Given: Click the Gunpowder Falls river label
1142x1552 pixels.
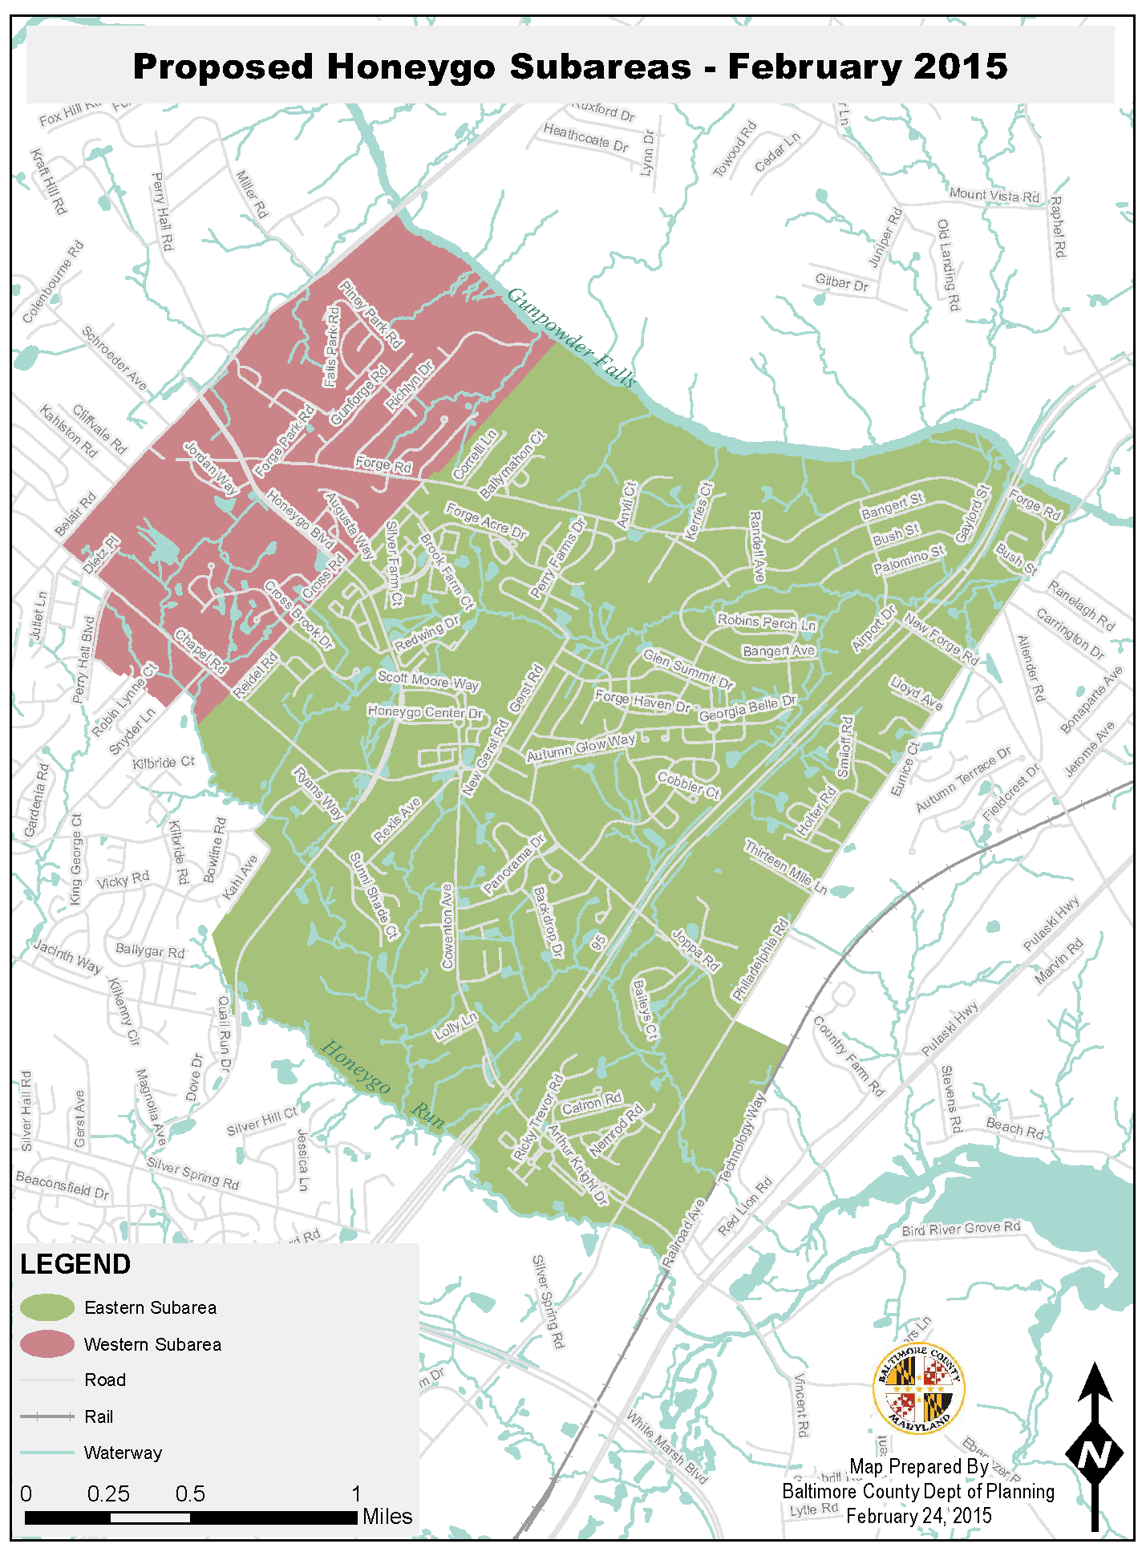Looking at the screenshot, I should (x=571, y=338).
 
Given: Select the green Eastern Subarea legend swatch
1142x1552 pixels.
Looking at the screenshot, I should (x=47, y=1308).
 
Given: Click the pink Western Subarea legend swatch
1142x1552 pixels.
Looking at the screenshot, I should (x=47, y=1344).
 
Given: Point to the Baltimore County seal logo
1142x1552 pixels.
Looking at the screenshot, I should (x=919, y=1388).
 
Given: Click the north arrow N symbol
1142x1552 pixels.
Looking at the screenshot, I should (x=1094, y=1453).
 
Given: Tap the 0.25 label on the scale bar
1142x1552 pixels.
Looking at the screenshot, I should (x=108, y=1494).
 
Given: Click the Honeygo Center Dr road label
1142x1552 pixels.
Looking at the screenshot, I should (x=425, y=712).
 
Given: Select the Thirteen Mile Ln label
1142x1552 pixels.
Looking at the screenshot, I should (x=785, y=867).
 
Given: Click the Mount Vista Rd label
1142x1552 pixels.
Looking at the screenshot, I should (x=994, y=195).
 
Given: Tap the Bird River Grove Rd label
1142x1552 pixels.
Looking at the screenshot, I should (x=961, y=1228).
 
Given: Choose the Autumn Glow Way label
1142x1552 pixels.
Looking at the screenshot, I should (x=581, y=748).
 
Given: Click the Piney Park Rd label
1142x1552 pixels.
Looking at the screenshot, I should (x=371, y=314).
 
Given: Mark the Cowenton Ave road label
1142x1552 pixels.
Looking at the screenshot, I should (x=447, y=926).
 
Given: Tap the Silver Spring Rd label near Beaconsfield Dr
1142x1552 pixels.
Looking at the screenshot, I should (x=193, y=1173).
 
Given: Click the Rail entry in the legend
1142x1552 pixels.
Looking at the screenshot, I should (x=99, y=1417).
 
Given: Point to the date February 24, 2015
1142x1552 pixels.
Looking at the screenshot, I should (x=919, y=1517).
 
